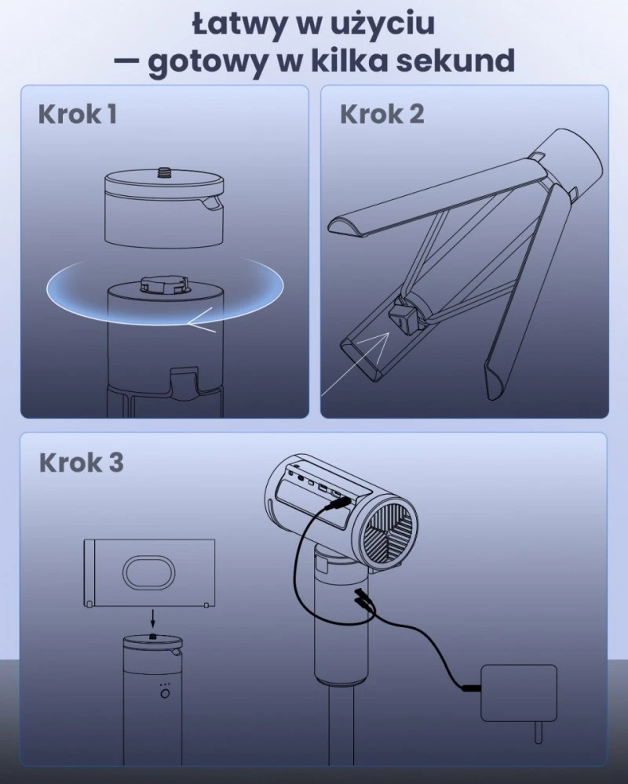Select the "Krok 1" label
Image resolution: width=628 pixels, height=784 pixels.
click(78, 114)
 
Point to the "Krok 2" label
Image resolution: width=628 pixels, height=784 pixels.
click(382, 114)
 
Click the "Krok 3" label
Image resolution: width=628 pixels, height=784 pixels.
click(81, 463)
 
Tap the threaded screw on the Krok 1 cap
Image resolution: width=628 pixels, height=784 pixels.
click(164, 172)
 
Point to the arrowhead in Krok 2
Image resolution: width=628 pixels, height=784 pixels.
click(379, 341)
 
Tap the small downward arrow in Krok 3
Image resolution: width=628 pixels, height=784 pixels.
click(153, 620)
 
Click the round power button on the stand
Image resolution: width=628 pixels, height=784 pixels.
click(165, 694)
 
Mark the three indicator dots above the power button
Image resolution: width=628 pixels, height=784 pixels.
click(165, 684)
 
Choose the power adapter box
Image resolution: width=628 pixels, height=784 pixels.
click(519, 694)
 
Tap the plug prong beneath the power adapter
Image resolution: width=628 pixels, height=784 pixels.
click(539, 733)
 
